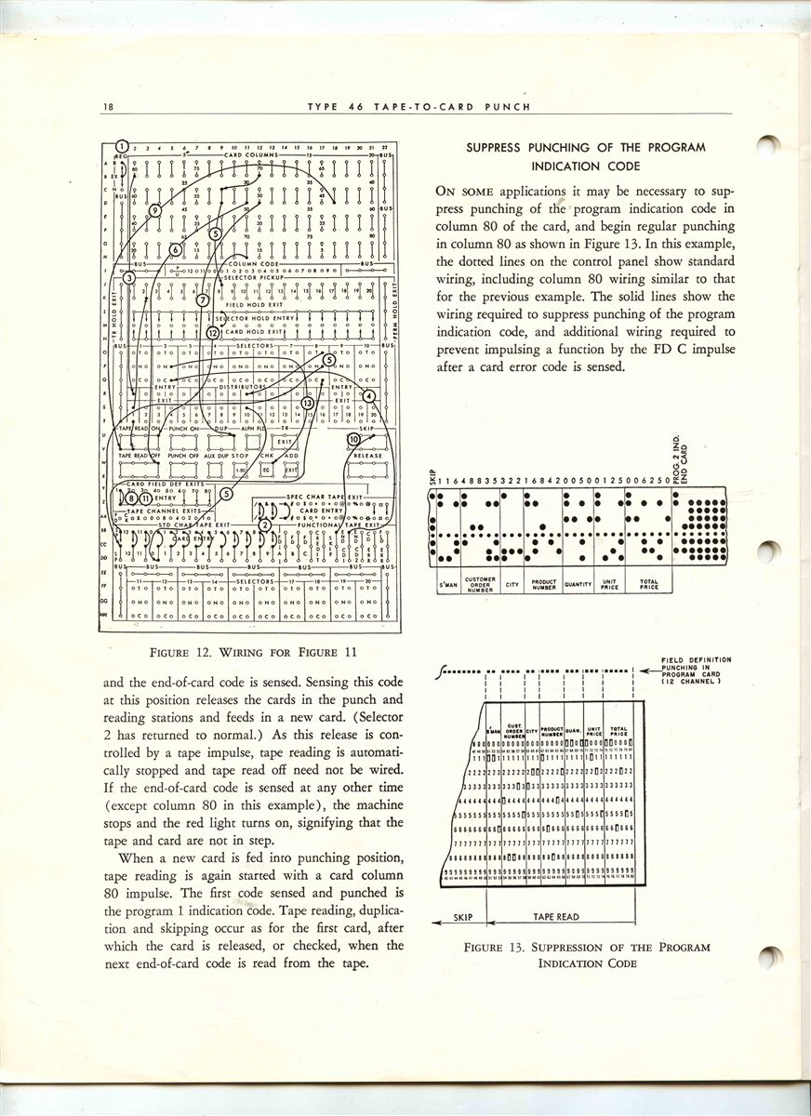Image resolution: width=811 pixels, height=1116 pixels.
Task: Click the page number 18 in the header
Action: point(109,107)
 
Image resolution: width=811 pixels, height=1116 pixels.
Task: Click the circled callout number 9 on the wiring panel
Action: point(155,211)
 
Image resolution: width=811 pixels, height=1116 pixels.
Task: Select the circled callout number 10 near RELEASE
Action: point(353,438)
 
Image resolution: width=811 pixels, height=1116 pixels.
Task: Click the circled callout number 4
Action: point(369,395)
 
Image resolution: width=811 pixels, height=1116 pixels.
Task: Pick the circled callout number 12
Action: point(212,332)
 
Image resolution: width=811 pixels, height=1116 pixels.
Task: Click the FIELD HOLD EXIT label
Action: point(247,304)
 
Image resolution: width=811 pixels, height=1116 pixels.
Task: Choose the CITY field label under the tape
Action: point(512,585)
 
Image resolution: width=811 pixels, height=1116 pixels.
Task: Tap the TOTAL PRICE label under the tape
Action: point(649,586)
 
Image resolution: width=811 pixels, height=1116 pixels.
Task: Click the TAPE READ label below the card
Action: point(556,917)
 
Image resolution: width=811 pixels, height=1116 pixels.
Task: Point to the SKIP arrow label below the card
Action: point(463,917)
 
